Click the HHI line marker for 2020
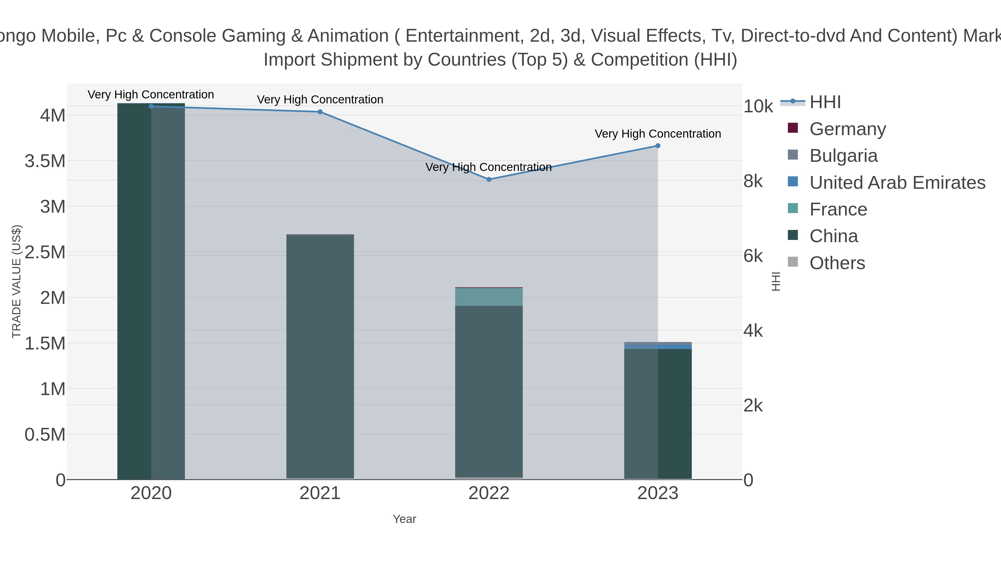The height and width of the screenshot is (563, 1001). pyautogui.click(x=151, y=106)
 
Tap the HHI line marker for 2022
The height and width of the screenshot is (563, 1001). pyautogui.click(x=489, y=180)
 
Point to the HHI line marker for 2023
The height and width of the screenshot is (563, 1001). pyautogui.click(x=658, y=146)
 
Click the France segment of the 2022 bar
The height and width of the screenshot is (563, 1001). pyautogui.click(x=489, y=297)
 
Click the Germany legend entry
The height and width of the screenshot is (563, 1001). pyautogui.click(x=848, y=129)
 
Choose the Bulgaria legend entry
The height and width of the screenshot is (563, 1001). pyautogui.click(x=843, y=156)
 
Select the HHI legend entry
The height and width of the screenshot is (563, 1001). pyautogui.click(x=825, y=102)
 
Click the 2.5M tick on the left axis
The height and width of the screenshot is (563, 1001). pyautogui.click(x=45, y=252)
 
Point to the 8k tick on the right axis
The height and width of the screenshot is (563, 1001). pyautogui.click(x=753, y=182)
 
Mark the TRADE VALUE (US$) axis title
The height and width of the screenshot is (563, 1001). pyautogui.click(x=16, y=281)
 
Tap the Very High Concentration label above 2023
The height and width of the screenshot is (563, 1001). pyautogui.click(x=658, y=134)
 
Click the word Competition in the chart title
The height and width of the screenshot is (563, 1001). pyautogui.click(x=639, y=60)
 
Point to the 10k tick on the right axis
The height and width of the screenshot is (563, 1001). pyautogui.click(x=758, y=106)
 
